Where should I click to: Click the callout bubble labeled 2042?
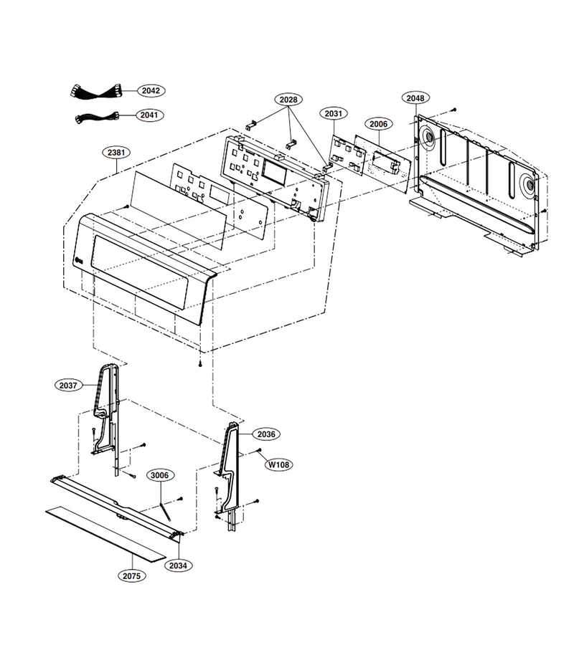point(151,90)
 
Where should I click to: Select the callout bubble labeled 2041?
point(149,115)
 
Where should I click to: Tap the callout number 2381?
point(116,153)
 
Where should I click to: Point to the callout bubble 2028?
point(288,100)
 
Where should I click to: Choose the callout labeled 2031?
point(334,113)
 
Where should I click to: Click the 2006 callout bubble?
point(378,124)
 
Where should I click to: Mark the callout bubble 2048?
point(415,98)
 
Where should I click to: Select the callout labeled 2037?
point(68,386)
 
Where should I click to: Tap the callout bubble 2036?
point(266,434)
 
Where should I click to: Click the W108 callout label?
point(279,465)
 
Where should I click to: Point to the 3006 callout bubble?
point(160,476)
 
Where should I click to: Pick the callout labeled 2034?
point(178,565)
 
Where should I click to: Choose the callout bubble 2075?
point(132,576)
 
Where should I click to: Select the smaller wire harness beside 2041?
point(97,118)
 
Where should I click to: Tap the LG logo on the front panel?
point(80,259)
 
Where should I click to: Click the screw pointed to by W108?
point(260,451)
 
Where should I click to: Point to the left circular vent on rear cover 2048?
point(428,138)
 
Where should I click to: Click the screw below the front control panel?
point(200,364)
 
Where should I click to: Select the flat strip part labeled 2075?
point(105,533)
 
